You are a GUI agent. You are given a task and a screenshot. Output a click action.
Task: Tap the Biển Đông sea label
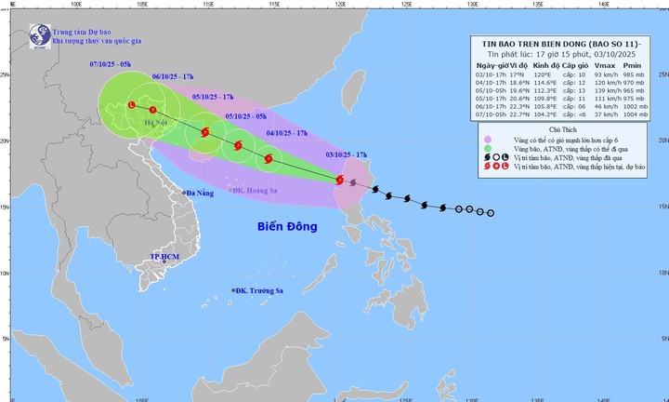[287, 226]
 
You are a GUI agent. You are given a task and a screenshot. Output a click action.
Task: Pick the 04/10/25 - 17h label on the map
[286, 134]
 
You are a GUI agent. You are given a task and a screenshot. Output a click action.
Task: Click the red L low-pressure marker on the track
[131, 105]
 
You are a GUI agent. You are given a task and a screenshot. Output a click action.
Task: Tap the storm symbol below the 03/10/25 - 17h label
[340, 180]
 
